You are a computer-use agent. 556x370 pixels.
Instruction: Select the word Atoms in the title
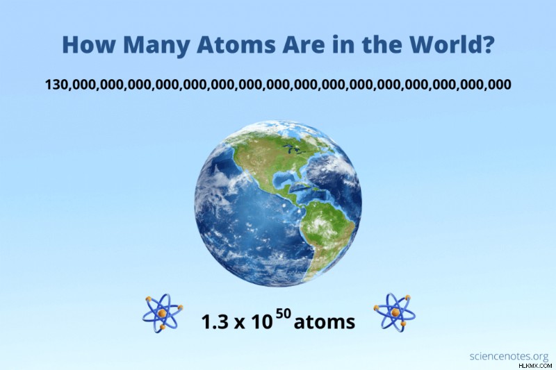(236, 44)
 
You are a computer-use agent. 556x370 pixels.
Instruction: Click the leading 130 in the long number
(56, 84)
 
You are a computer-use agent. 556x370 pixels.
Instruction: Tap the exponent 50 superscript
(284, 314)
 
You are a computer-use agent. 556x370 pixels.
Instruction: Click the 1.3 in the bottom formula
(215, 322)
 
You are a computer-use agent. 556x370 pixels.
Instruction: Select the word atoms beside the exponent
(325, 322)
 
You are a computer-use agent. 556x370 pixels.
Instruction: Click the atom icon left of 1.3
(163, 313)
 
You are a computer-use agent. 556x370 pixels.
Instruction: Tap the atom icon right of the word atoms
(395, 312)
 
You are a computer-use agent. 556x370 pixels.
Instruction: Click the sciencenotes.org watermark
(509, 356)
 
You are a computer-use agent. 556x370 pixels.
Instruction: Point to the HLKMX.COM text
(535, 365)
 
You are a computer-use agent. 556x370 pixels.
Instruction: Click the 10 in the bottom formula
(262, 322)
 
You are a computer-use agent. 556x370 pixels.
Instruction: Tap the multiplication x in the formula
(239, 323)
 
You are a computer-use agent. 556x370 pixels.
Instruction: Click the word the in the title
(377, 44)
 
